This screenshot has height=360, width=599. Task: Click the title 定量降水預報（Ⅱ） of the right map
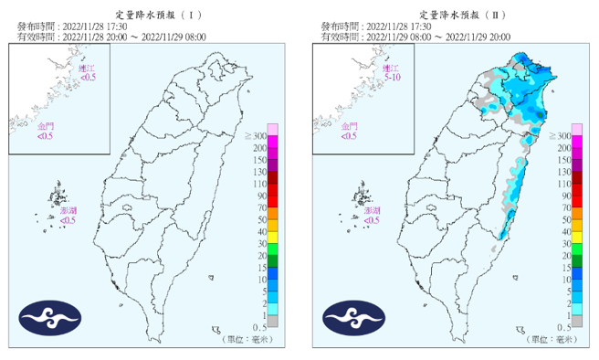coord(455,16)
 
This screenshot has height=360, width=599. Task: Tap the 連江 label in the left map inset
coord(88,68)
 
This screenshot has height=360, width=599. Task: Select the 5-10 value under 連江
coord(393,78)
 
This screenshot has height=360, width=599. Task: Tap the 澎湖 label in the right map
coord(373,210)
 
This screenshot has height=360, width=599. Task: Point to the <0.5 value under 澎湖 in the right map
coord(373,220)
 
